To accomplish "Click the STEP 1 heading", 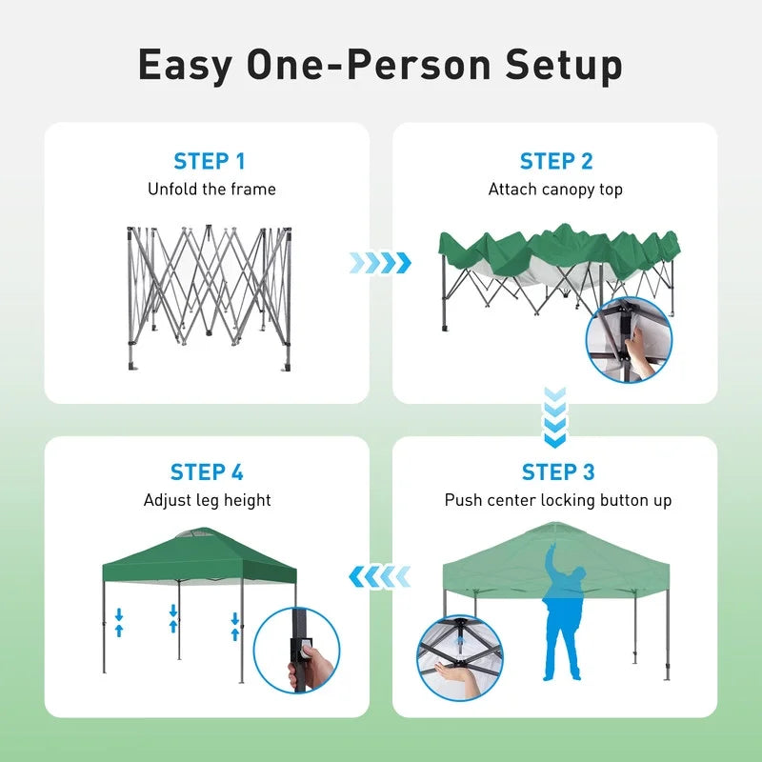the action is click(210, 161).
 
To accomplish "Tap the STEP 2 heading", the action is click(556, 161).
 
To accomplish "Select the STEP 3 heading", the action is click(558, 471).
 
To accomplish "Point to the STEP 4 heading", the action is click(207, 471).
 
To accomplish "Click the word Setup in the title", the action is click(564, 66).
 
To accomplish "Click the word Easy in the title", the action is click(185, 66).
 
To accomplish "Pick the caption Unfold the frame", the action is click(211, 189).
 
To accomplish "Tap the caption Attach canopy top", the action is click(555, 190).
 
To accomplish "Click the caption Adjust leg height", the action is click(207, 500).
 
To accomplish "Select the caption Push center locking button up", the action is click(558, 501).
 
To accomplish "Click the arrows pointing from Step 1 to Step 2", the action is click(380, 263).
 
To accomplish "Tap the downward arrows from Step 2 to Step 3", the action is click(554, 417).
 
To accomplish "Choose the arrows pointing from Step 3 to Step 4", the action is click(379, 577).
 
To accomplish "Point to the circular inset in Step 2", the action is click(630, 340).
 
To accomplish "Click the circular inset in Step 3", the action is click(460, 658).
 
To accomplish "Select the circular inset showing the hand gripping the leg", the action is click(296, 651).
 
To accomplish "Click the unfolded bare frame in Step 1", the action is click(209, 297).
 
